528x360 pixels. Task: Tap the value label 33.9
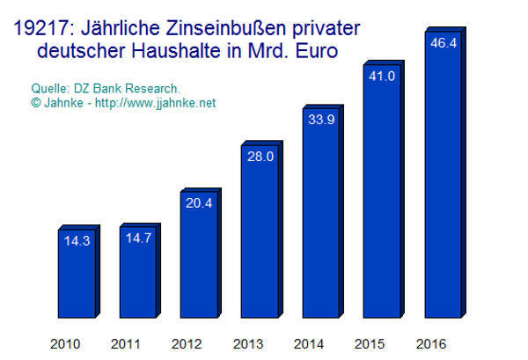coord(319,121)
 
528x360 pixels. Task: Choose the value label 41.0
coord(379,76)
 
